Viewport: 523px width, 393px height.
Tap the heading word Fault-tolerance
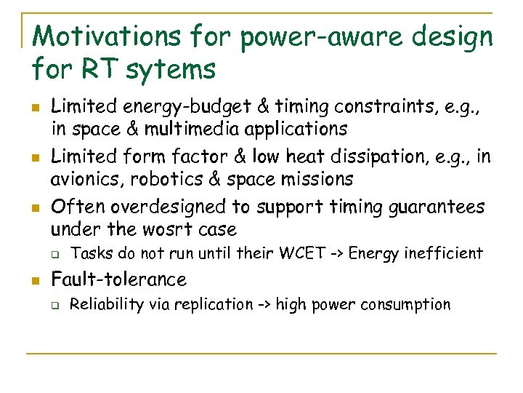click(x=118, y=279)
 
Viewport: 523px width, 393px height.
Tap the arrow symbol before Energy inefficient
click(x=336, y=253)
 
